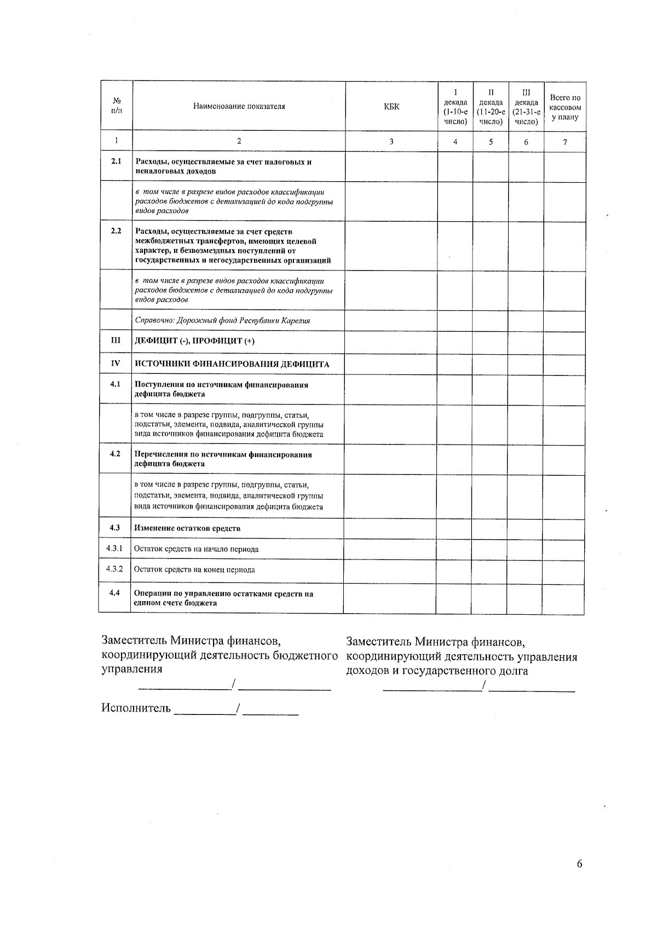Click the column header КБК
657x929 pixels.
click(x=391, y=107)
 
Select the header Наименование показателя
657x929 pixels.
click(x=239, y=107)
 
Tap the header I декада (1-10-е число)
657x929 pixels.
click(x=455, y=107)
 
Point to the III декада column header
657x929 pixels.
click(x=526, y=107)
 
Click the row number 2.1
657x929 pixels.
click(x=116, y=161)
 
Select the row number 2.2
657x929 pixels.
click(x=116, y=230)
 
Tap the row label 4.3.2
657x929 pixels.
click(x=114, y=569)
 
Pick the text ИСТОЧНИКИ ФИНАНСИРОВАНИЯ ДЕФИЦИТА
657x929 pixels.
click(x=232, y=364)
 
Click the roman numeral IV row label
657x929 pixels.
click(x=116, y=363)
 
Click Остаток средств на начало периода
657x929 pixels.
click(x=196, y=549)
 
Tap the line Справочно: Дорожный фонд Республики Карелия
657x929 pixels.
click(x=222, y=321)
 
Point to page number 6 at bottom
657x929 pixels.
click(x=579, y=864)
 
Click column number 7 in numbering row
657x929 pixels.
click(x=565, y=142)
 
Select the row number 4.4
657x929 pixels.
click(x=114, y=593)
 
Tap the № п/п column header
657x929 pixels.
click(x=116, y=106)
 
